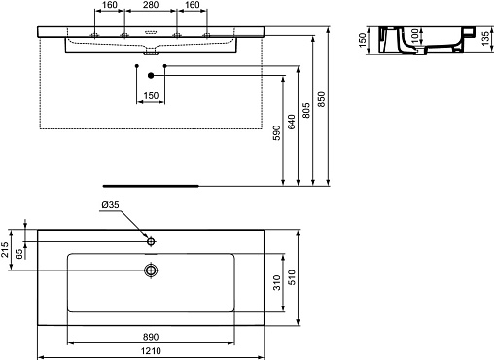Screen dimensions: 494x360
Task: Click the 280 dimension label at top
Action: tap(151, 5)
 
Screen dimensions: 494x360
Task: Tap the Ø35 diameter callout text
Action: tap(110, 205)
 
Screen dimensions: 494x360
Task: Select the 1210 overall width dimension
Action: tap(151, 351)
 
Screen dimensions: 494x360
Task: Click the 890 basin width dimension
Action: tap(151, 337)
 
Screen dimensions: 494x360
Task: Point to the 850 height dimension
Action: tap(321, 99)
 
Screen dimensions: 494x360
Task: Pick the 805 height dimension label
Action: tap(305, 110)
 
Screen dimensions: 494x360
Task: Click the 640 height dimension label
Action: tap(292, 122)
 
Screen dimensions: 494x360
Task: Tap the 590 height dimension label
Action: tap(276, 132)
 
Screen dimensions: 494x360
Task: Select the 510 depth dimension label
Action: tap(292, 277)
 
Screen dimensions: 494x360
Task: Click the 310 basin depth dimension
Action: tap(277, 282)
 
